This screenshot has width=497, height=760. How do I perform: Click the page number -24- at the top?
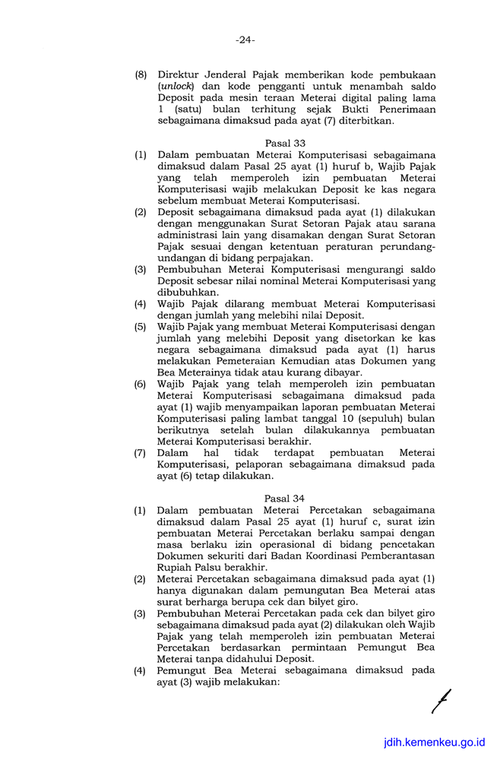(245, 40)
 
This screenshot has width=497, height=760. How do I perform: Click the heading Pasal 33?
(285, 143)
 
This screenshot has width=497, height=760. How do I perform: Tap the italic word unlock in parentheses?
(173, 87)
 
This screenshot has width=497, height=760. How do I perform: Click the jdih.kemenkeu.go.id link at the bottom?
(434, 741)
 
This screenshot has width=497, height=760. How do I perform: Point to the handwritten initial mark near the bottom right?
(440, 700)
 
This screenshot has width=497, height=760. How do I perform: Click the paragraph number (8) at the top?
(141, 75)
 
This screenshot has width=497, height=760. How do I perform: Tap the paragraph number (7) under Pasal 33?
(141, 453)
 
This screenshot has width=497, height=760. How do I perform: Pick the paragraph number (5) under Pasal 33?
(141, 327)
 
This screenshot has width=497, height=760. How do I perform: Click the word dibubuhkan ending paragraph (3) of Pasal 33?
(187, 292)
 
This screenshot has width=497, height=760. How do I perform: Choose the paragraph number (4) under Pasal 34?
(141, 670)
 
